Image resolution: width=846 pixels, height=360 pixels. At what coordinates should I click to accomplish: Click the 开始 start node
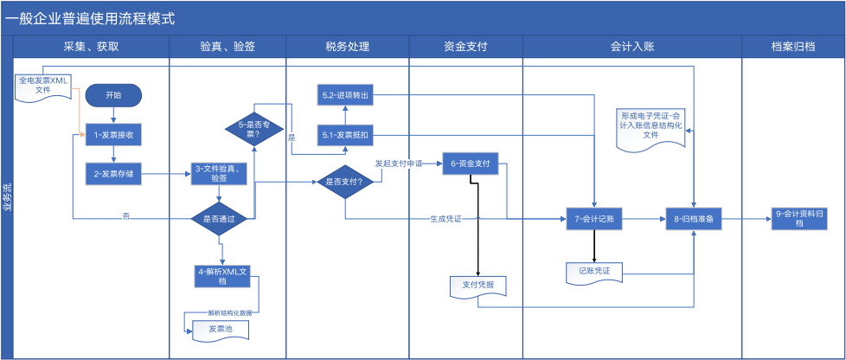(113, 95)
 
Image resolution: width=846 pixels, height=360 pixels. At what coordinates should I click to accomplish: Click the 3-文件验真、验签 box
(222, 173)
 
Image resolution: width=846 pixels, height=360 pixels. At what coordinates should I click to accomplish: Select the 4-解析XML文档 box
(222, 275)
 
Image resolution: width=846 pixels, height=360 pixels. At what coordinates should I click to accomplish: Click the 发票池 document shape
(218, 330)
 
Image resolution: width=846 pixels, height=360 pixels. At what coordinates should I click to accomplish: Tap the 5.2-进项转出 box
(345, 94)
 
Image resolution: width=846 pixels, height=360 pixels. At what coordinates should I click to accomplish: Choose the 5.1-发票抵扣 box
(345, 135)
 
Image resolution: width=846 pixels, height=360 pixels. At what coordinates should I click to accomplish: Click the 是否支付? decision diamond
(344, 182)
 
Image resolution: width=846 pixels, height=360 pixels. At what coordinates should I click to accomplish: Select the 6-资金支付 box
(471, 163)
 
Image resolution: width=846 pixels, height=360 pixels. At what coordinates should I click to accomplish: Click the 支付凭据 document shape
(477, 285)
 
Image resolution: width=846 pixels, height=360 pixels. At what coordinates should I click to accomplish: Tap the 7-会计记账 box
(594, 219)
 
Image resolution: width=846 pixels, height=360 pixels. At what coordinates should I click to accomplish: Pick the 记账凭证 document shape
(594, 273)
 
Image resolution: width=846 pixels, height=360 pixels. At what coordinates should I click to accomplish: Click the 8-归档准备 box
(693, 219)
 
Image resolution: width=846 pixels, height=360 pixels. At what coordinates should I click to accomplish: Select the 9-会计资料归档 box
(800, 219)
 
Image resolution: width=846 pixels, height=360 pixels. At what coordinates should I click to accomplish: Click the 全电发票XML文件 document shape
(43, 86)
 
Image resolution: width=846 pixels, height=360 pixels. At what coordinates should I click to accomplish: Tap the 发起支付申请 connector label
(398, 163)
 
